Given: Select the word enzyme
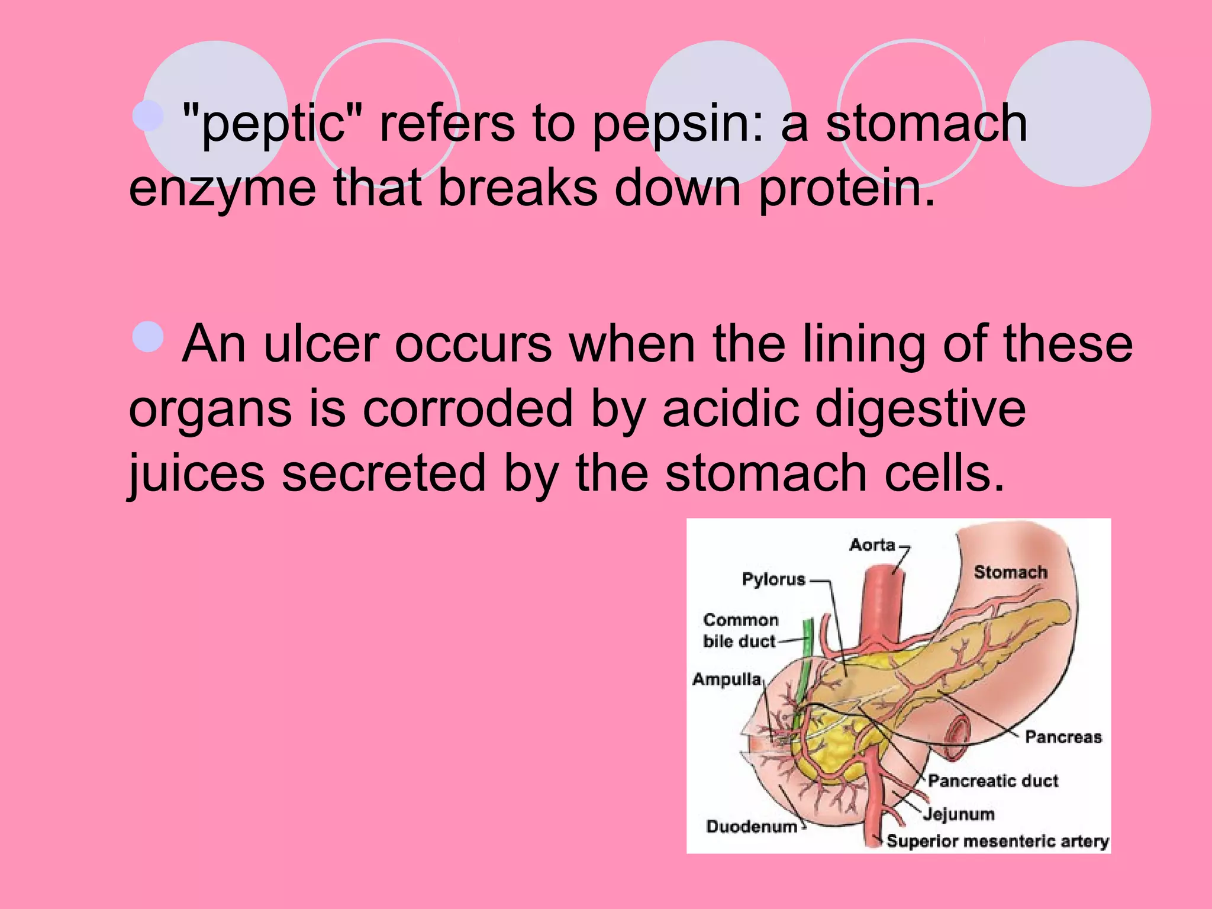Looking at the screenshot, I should [222, 189].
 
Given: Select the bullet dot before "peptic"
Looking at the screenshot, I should [148, 115].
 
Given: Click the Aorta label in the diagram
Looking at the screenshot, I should [872, 545].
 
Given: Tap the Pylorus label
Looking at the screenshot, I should [773, 579].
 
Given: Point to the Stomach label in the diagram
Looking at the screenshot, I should [1010, 572].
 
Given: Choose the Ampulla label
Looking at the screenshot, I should [727, 679].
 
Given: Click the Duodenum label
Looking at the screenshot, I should [752, 827].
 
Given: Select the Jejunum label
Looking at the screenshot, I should [959, 814].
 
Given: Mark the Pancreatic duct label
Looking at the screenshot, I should [992, 781].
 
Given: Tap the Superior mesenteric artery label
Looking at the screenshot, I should [997, 842].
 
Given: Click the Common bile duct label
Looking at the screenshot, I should [740, 631].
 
